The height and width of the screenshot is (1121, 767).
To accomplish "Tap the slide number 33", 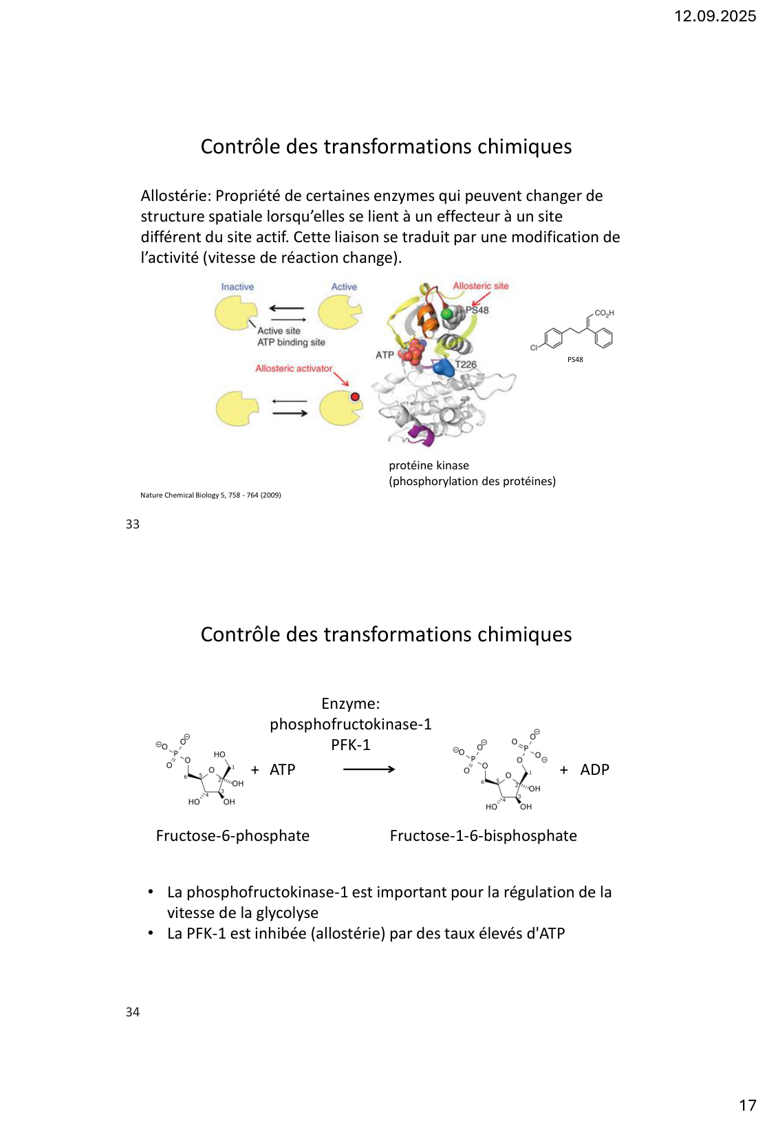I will pyautogui.click(x=133, y=524).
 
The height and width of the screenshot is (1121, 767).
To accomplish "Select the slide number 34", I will pyautogui.click(x=133, y=1012).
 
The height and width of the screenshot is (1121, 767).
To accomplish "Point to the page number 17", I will pyautogui.click(x=747, y=1106).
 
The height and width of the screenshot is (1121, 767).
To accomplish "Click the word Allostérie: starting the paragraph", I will pyautogui.click(x=175, y=196).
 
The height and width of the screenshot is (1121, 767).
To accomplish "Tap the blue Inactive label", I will pyautogui.click(x=237, y=287).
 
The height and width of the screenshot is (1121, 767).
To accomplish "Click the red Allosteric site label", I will pyautogui.click(x=480, y=286).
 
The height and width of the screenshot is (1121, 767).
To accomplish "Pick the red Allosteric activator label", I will pyautogui.click(x=294, y=369).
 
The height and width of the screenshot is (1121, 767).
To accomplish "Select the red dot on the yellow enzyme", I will pyautogui.click(x=355, y=397).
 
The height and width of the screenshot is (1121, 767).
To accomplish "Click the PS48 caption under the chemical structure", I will pyautogui.click(x=575, y=360).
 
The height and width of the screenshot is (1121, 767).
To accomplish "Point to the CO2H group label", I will pyautogui.click(x=604, y=313).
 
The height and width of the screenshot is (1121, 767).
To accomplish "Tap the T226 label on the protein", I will pyautogui.click(x=466, y=365).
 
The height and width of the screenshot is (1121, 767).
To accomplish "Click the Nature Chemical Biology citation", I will pyautogui.click(x=210, y=495).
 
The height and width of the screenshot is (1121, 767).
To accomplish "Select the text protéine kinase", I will pyautogui.click(x=429, y=466).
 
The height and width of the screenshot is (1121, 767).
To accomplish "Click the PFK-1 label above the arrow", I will pyautogui.click(x=350, y=745).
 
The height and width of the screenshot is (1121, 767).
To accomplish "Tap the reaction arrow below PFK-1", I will pyautogui.click(x=369, y=769).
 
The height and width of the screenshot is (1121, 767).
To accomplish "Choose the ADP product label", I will pyautogui.click(x=594, y=770).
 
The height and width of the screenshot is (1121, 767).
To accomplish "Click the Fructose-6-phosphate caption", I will pyautogui.click(x=233, y=836).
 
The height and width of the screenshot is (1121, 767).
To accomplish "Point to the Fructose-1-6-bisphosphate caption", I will pyautogui.click(x=483, y=836).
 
